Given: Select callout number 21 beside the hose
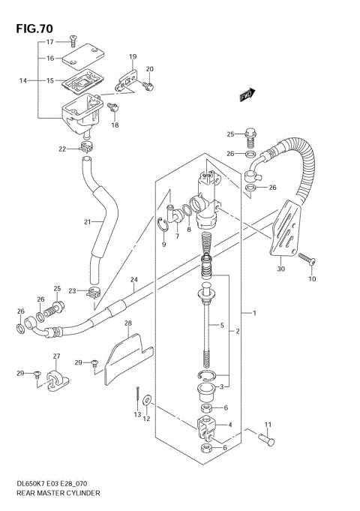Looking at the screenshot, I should coord(87,221).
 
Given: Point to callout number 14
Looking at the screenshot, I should coord(23,80).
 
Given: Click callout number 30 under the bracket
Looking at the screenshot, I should coord(280,269).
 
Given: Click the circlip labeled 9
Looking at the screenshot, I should coord(163,224).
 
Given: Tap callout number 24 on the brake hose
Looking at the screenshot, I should coord(133,281).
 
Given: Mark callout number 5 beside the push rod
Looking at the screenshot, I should coord(222,326).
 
